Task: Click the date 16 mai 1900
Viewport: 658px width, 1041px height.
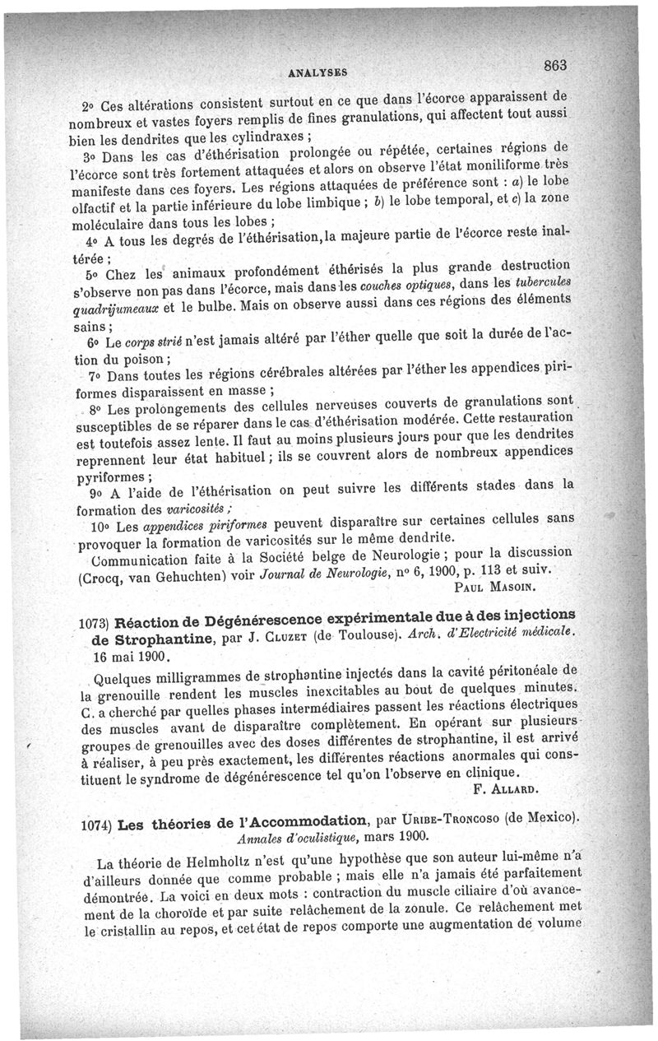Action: click(131, 658)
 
